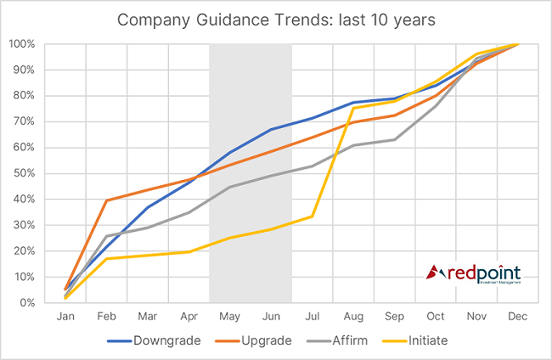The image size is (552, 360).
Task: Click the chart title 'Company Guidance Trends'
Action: (x=277, y=20)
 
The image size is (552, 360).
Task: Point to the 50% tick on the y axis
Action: (x=23, y=173)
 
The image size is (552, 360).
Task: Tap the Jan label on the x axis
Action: (x=65, y=316)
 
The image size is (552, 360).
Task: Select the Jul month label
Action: (x=312, y=316)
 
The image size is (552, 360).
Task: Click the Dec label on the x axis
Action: (x=517, y=316)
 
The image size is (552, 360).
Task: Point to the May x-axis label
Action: (x=229, y=316)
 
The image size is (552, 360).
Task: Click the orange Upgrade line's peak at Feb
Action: (x=106, y=200)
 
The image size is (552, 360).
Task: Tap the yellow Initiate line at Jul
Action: (x=312, y=216)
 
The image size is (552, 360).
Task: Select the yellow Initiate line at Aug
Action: (x=353, y=108)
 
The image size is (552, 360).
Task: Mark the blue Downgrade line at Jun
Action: (x=271, y=129)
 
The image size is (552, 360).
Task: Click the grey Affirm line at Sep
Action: (x=394, y=139)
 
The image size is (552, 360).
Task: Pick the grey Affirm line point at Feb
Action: (x=106, y=236)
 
